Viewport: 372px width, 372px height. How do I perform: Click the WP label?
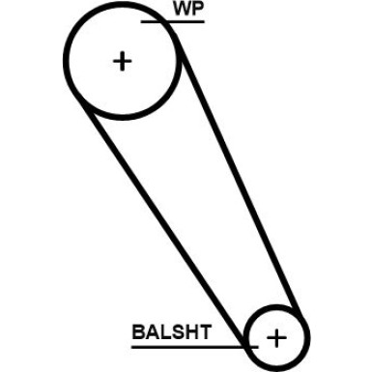188,10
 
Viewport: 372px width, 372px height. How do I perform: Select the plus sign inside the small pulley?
276,337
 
